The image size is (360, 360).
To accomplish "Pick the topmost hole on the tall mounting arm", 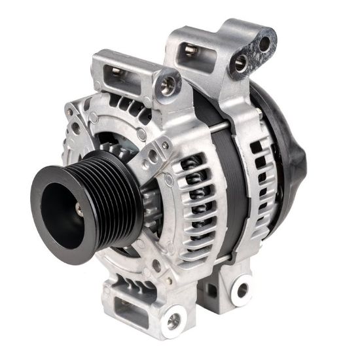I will (x=264, y=44).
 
